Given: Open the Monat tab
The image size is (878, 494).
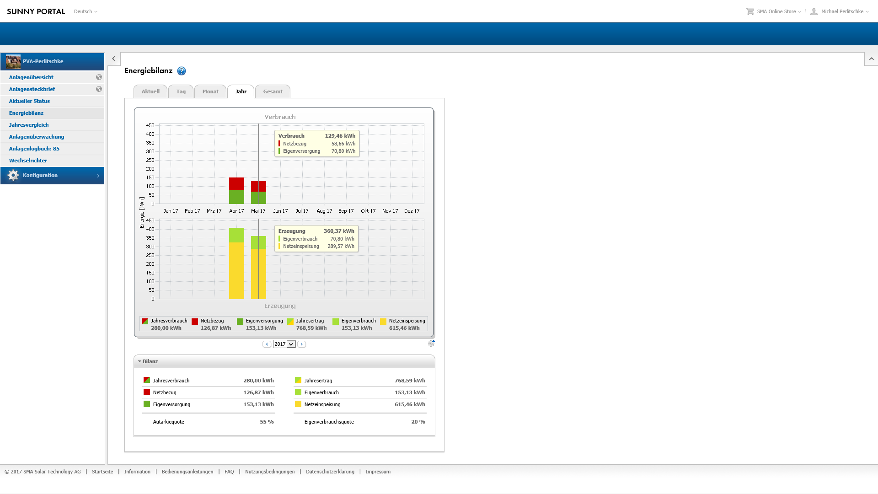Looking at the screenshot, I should tap(210, 91).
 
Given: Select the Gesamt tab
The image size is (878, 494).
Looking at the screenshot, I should tap(273, 91).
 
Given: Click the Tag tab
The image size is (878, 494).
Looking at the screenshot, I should tap(181, 91).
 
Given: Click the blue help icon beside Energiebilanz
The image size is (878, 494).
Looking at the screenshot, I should tap(182, 71).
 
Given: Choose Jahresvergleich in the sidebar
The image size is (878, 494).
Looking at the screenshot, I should tap(29, 125).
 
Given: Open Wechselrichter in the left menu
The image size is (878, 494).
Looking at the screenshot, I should tap(28, 161).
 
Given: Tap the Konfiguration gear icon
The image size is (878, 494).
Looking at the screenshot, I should tap(13, 175).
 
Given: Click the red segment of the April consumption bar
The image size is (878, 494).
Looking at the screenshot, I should tap(236, 183).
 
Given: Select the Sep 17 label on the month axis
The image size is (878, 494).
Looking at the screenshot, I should tap(346, 211).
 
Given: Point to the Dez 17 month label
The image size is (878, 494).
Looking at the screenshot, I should tap(412, 211).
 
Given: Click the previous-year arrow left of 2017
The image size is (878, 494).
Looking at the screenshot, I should tap(267, 344).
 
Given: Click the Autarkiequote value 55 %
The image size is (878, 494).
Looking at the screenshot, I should tap(267, 422).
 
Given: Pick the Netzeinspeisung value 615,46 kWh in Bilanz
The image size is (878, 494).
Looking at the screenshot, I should tap(410, 404).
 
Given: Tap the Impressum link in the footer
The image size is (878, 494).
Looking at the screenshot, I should tap(378, 472).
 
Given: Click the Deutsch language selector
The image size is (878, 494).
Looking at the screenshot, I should tap(86, 11).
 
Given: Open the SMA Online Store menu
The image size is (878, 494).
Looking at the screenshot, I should tap(776, 11).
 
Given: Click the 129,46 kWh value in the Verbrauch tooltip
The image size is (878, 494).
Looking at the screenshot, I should tap(340, 136).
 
